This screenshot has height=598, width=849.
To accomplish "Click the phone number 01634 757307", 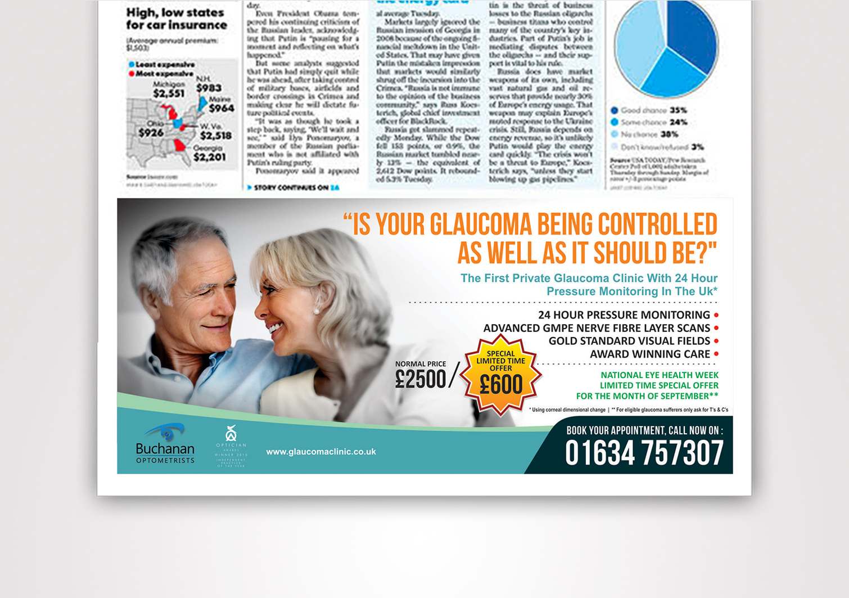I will [x=644, y=453].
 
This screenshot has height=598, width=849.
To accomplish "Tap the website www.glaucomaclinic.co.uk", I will [x=320, y=452].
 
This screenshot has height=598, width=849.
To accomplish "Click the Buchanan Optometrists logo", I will [x=165, y=444].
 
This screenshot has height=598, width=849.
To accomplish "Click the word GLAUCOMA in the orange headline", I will [x=482, y=224].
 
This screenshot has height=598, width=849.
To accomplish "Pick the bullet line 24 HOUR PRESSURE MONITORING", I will [x=624, y=315].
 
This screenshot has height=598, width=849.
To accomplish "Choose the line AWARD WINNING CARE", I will [x=650, y=354].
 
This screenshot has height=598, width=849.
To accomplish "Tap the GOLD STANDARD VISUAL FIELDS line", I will [x=629, y=341].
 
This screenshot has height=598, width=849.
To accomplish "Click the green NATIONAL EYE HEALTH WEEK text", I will [x=660, y=375].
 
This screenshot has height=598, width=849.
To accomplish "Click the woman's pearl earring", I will [x=316, y=311].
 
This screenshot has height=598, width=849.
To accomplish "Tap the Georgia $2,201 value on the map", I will [x=209, y=157].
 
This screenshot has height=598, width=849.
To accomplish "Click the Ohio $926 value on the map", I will [x=151, y=133].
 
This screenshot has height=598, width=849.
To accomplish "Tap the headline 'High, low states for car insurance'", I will [x=177, y=19].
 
